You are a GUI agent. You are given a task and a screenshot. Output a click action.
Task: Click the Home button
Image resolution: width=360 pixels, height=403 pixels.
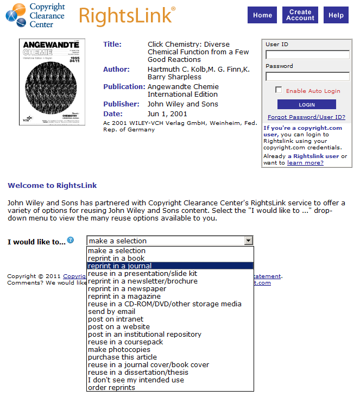(262, 15)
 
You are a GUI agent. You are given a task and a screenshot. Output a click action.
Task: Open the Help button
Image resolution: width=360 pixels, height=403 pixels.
(336, 15)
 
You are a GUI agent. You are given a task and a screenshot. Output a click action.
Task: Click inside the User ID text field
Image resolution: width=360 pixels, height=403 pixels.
(307, 54)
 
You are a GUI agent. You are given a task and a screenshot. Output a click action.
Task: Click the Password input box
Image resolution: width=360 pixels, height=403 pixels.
(307, 77)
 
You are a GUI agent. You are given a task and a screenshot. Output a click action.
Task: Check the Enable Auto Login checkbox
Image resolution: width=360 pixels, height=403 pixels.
(279, 90)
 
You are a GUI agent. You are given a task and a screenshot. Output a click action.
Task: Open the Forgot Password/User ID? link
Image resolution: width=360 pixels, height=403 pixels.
(306, 117)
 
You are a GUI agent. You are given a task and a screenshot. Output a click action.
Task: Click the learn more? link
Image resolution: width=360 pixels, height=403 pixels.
(305, 162)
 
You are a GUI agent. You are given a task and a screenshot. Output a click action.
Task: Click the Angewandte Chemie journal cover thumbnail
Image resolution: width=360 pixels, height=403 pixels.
(52, 82)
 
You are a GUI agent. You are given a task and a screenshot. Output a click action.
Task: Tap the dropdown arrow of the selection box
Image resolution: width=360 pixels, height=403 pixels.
(248, 241)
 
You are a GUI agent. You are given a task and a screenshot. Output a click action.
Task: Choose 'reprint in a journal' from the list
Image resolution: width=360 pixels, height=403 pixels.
(120, 266)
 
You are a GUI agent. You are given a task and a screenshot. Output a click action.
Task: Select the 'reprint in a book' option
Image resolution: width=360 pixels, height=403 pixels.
(116, 258)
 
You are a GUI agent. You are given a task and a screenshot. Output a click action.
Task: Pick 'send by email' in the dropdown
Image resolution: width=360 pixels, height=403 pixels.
(112, 311)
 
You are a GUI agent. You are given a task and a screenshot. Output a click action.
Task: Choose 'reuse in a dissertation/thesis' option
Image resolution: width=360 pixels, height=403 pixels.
(138, 372)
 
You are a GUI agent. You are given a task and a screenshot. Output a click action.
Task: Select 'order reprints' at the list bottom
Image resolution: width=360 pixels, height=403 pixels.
(111, 387)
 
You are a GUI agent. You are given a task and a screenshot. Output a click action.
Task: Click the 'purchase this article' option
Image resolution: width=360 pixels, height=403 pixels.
(122, 357)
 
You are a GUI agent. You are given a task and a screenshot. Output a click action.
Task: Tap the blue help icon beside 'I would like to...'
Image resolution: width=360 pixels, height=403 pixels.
(71, 240)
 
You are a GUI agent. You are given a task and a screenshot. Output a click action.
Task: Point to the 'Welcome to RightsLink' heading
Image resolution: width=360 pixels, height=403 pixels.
(52, 185)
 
